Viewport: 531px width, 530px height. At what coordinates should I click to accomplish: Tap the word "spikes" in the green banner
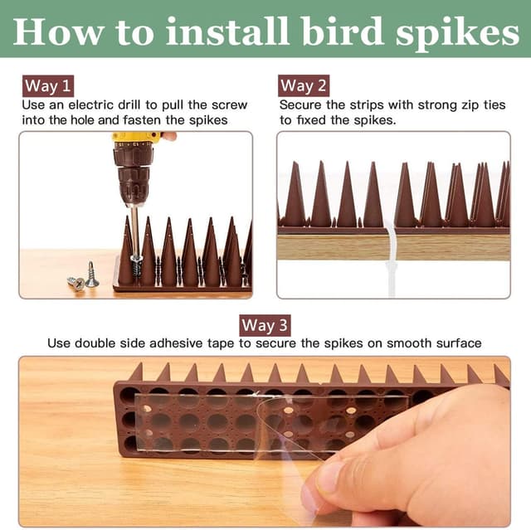[x=449, y=32]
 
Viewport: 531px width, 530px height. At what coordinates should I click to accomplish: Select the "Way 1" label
[x=47, y=85]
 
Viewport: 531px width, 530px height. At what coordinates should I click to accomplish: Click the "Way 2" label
[x=304, y=85]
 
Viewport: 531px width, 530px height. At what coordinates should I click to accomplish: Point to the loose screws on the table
[x=83, y=280]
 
